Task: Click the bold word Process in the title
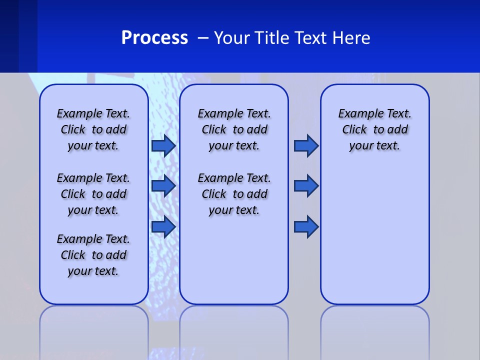(154, 38)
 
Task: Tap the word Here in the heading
(352, 38)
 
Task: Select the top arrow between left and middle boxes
(163, 146)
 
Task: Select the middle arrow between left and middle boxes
(163, 186)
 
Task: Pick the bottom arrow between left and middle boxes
(163, 226)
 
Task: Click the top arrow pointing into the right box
(306, 146)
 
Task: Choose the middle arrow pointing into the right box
(306, 186)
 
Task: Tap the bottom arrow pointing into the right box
(306, 226)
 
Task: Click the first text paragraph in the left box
(93, 129)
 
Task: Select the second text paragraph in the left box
(93, 194)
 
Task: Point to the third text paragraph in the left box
(93, 255)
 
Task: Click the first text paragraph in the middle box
(234, 129)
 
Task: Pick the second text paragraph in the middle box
(234, 194)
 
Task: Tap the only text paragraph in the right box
(374, 129)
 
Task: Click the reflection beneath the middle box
(234, 330)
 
